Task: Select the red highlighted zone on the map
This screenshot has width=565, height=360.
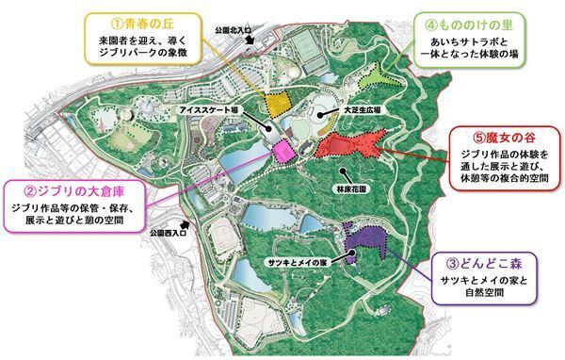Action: [x=347, y=144]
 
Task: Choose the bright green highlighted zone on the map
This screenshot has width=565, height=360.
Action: [x=372, y=76]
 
